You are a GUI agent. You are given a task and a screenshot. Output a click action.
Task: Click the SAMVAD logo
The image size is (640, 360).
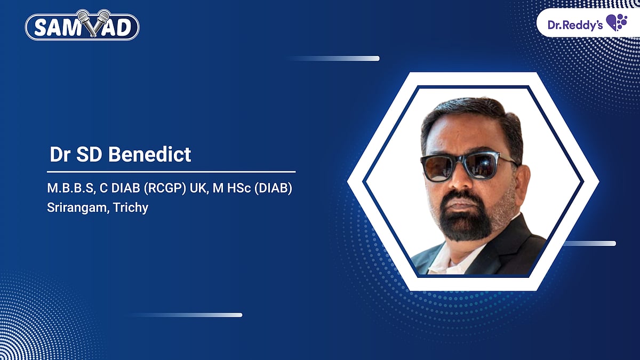pos(82,27)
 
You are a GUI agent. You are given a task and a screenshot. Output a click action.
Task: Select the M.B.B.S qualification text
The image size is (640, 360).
pos(68,190)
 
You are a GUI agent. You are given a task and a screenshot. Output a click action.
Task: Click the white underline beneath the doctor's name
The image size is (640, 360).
pos(171,172)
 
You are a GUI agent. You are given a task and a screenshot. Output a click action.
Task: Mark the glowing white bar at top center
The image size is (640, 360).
pos(341,58)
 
